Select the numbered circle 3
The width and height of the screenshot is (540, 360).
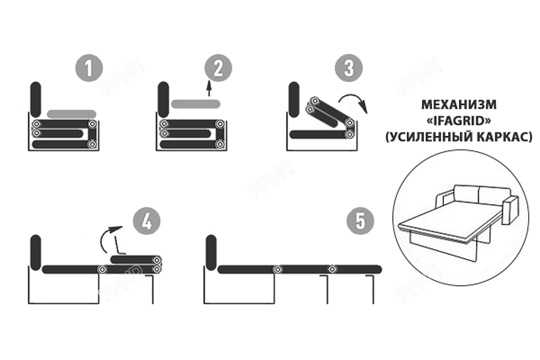(348, 68)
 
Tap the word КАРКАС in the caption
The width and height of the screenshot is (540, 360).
(504, 136)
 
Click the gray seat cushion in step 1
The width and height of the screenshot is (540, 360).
(71, 114)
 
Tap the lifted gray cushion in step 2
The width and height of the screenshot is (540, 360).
(195, 103)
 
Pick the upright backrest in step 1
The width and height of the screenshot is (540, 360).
(36, 99)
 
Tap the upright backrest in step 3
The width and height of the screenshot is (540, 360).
(293, 99)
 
